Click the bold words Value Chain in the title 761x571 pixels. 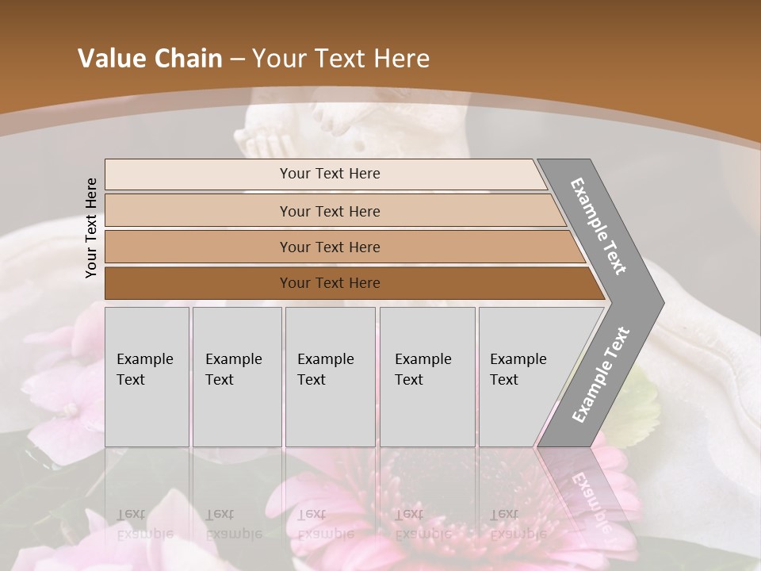(150, 59)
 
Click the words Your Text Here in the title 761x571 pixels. (341, 59)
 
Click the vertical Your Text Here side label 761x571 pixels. (91, 228)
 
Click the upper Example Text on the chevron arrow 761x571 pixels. (598, 226)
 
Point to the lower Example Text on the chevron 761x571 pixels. (600, 374)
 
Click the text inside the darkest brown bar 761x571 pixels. (330, 283)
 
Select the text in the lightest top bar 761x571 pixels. (330, 174)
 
